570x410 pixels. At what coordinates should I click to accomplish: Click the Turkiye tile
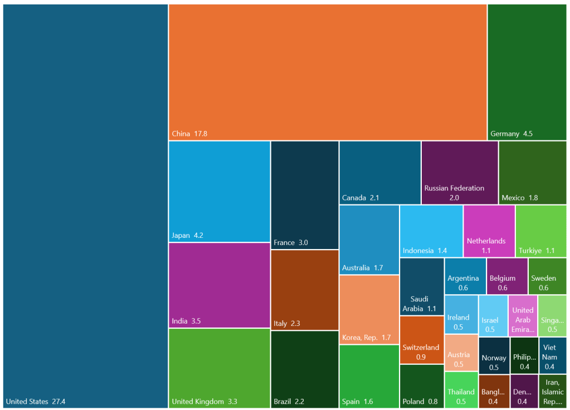pos(541,231)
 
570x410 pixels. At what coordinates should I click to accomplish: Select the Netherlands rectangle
pos(489,231)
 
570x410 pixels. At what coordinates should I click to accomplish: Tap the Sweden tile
pos(547,276)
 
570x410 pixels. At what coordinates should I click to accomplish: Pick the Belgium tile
pos(506,276)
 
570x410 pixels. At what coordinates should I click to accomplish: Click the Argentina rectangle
pos(465,276)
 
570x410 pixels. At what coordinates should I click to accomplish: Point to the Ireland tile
pos(461,314)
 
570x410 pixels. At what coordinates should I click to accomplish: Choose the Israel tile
pos(493,315)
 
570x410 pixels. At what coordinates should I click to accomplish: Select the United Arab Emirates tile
pos(523,315)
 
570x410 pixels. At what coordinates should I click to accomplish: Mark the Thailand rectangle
pos(461,390)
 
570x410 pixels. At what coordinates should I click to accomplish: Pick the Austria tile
pos(461,352)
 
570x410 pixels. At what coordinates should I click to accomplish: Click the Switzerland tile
pos(421,340)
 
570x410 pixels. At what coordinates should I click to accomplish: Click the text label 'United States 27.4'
pos(36,401)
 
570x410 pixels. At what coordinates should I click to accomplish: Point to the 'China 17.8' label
pos(189,134)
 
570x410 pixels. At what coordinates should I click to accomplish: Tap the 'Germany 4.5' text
pos(511,134)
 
